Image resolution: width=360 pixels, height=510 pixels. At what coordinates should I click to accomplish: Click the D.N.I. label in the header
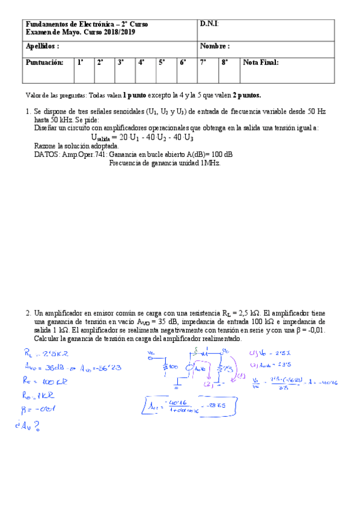click(x=209, y=23)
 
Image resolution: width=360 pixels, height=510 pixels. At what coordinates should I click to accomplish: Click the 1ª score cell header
click(x=81, y=62)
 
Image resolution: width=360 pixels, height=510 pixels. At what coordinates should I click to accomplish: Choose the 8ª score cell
click(x=224, y=62)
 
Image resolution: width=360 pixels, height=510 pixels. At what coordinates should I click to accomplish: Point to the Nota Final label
click(x=261, y=62)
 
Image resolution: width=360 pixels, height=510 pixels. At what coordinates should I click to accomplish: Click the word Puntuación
click(x=44, y=62)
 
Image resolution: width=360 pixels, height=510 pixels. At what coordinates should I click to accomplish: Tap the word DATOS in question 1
click(x=46, y=155)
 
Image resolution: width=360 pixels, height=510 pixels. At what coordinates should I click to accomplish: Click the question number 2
click(x=28, y=313)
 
